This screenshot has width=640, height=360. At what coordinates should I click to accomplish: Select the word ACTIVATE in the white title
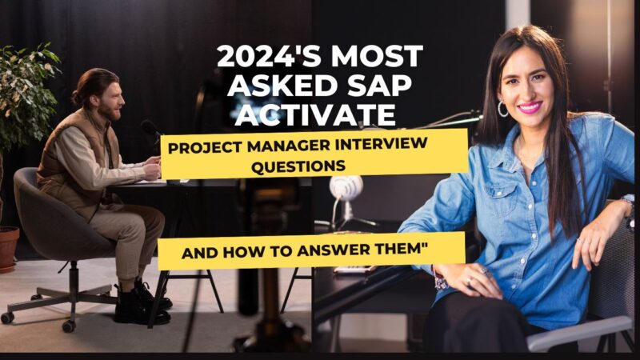[306, 114]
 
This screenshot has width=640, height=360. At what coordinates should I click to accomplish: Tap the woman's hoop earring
[503, 108]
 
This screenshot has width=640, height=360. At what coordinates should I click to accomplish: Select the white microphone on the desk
[346, 190]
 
